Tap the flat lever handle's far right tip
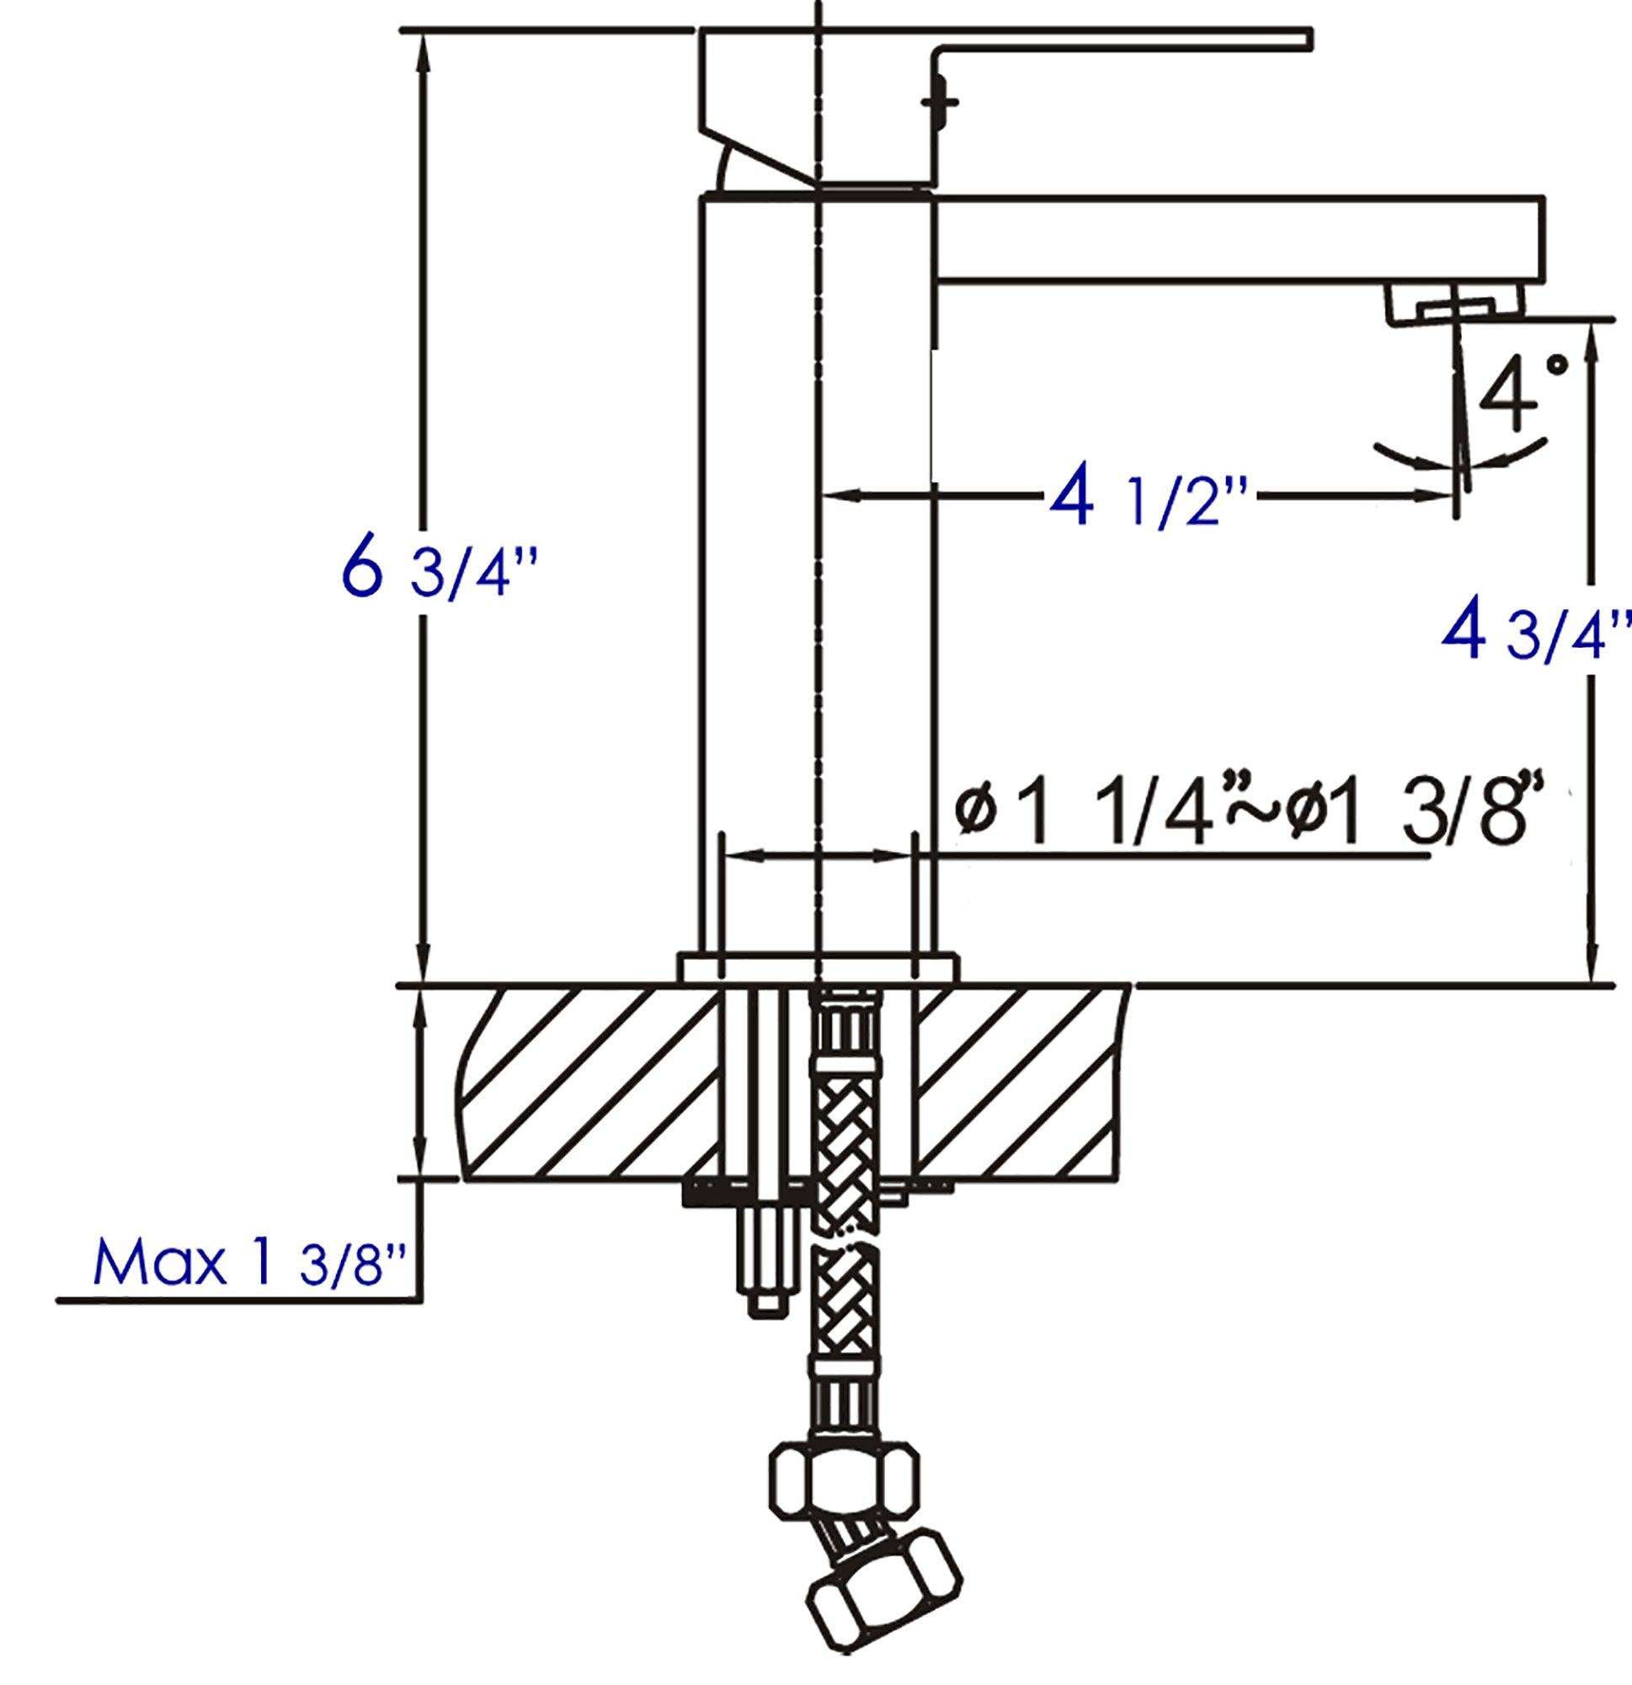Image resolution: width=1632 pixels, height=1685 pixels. coord(1308,39)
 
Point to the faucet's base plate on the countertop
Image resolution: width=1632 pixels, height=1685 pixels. coord(818,966)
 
